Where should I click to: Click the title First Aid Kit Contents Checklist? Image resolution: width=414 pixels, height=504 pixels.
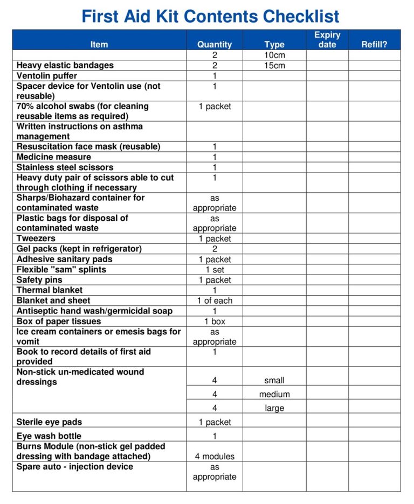pos(210,16)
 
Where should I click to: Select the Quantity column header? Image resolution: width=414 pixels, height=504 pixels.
pos(215,45)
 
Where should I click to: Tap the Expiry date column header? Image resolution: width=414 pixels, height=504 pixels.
pos(327,39)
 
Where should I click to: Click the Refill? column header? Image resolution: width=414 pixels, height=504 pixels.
pos(374,45)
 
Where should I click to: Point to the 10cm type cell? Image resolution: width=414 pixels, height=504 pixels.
pos(274,55)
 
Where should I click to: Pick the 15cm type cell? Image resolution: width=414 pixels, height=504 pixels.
pos(274,66)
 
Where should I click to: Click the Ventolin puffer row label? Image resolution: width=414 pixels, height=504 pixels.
pos(47,76)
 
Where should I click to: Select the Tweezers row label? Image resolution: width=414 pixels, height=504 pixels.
pos(36,239)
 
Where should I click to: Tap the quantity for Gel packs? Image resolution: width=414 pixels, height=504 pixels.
pos(215,249)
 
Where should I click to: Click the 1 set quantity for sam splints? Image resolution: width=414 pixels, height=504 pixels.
pos(215,270)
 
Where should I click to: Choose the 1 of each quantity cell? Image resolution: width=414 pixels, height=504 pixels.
pos(215,300)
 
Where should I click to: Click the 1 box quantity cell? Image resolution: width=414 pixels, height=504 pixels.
pos(215,321)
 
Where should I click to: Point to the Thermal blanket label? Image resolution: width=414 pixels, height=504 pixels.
pos(50,290)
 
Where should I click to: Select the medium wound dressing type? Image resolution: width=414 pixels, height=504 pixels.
pos(274,394)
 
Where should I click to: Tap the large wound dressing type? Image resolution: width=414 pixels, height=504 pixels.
pos(274,408)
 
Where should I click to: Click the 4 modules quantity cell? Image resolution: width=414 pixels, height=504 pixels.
pos(215,457)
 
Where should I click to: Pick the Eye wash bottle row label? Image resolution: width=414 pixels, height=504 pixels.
pos(49,436)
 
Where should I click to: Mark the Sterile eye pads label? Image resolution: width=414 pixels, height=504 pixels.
pos(50,422)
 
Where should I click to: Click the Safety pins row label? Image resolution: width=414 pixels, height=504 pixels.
pos(39,280)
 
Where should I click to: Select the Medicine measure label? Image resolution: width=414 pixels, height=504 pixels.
pos(54,157)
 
